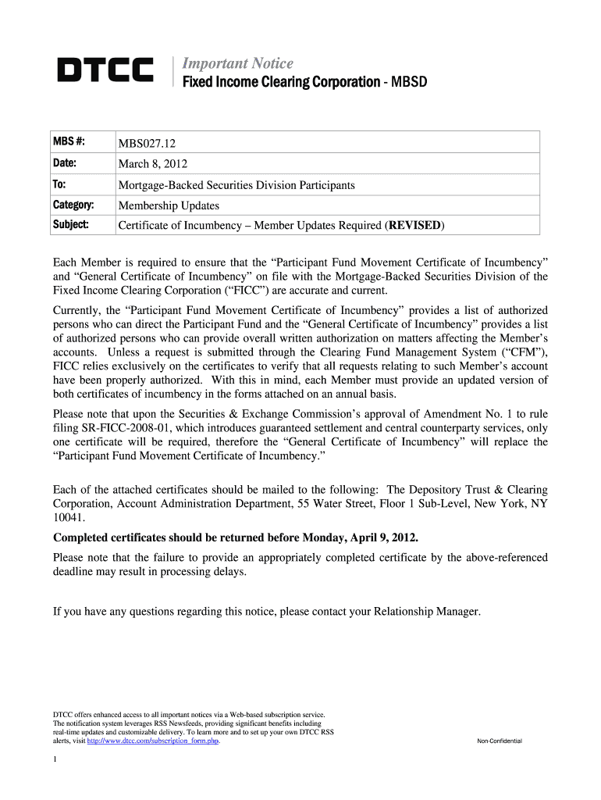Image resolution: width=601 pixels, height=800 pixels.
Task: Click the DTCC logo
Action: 105,72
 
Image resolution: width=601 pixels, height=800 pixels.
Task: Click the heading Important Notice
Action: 237,63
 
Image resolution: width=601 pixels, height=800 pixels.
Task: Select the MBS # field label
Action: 69,142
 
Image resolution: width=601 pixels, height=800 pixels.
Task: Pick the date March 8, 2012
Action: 152,164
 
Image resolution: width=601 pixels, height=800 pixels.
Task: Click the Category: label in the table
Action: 73,205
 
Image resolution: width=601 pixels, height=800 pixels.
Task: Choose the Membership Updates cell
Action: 168,206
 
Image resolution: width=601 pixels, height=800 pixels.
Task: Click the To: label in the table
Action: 59,184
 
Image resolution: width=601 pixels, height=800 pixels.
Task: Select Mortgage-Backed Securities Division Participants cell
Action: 236,185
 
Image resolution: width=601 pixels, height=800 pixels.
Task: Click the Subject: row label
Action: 70,226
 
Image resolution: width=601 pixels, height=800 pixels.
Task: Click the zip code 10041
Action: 69,518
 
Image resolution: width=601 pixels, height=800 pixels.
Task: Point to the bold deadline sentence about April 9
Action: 235,538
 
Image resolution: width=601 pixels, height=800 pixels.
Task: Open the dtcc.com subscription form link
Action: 152,741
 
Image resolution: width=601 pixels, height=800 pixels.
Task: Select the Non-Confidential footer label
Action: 499,741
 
